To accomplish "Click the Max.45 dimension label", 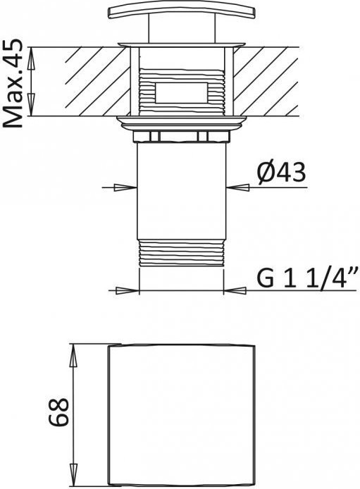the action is pos(13,84).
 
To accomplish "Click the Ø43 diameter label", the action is pos(282,173).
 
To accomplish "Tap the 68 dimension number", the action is pos(58,411).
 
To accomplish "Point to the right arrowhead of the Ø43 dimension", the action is pos(237,187).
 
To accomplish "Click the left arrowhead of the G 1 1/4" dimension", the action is pos(128,291).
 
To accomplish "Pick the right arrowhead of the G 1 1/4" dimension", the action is pos(235,291).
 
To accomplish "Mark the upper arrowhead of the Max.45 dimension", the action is pos(30,58).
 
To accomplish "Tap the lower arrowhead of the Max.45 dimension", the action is pos(30,104).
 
